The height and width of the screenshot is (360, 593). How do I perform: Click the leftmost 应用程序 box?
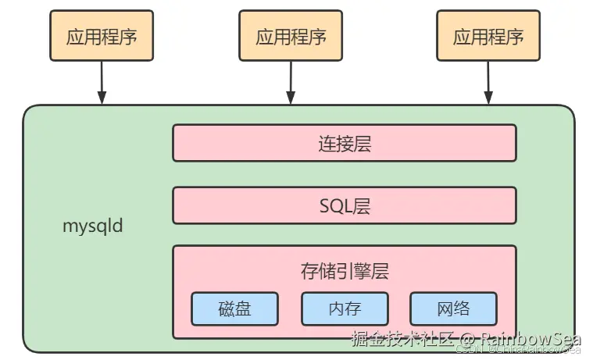[101, 36]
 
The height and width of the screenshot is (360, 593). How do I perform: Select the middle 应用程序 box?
[291, 36]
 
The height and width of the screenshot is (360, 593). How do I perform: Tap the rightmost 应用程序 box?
[488, 36]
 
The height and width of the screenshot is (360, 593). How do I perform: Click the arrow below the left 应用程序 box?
[101, 83]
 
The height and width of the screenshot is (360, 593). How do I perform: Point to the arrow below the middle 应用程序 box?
[291, 83]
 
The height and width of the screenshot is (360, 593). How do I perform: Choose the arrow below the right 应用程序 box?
[488, 83]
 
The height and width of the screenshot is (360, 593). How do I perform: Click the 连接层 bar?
[344, 143]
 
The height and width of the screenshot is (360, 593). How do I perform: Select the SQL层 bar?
[344, 205]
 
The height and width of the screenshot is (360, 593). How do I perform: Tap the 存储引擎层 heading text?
[344, 271]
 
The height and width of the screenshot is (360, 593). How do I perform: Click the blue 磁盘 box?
[234, 308]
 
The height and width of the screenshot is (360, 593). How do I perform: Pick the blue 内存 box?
[345, 308]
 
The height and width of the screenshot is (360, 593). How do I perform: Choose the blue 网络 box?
[453, 308]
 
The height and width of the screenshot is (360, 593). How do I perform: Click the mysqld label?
[92, 227]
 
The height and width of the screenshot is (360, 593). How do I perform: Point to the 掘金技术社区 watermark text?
[402, 340]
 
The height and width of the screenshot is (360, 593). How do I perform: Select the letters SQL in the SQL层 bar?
[334, 205]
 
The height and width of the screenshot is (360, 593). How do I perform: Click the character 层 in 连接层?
[361, 143]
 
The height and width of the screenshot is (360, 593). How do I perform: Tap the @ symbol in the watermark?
[466, 340]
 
